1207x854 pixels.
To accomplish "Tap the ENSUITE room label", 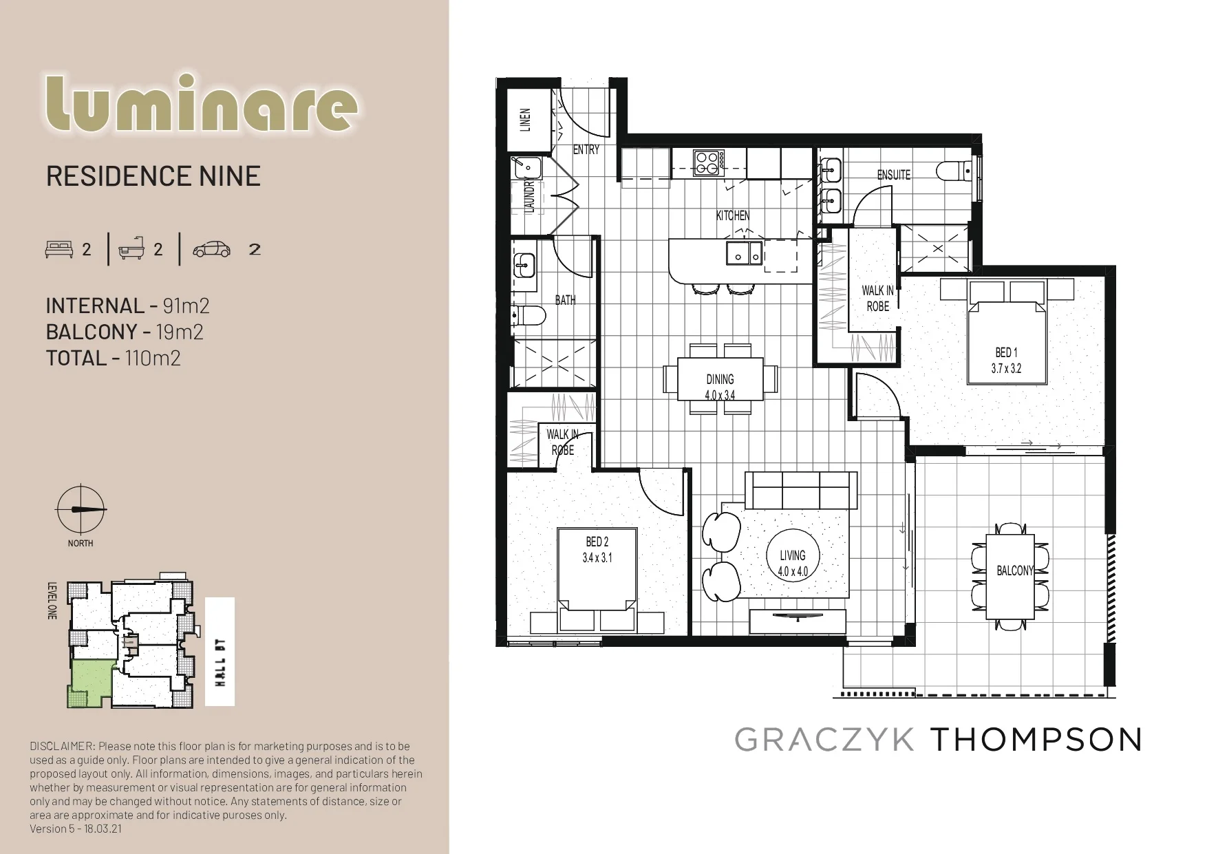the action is pos(893,175).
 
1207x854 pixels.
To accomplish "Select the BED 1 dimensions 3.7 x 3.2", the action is pos(1006,368).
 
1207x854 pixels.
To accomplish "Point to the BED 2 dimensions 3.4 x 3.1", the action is pos(597,558).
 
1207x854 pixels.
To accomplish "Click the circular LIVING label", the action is pos(793,555).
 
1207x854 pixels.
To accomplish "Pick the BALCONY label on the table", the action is pos(1015,570).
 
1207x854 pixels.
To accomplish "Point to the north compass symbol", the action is pos(81,510).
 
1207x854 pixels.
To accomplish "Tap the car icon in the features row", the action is pos(212,249).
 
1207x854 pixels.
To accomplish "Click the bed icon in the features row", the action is pos(59,249).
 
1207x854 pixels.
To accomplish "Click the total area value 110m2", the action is pos(153,358).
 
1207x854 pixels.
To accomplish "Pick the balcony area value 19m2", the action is pos(180,332).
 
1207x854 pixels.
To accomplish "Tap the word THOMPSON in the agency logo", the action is pos(1036,740).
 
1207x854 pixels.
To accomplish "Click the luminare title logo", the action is pos(201,105).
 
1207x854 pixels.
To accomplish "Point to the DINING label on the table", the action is pos(720,379).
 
